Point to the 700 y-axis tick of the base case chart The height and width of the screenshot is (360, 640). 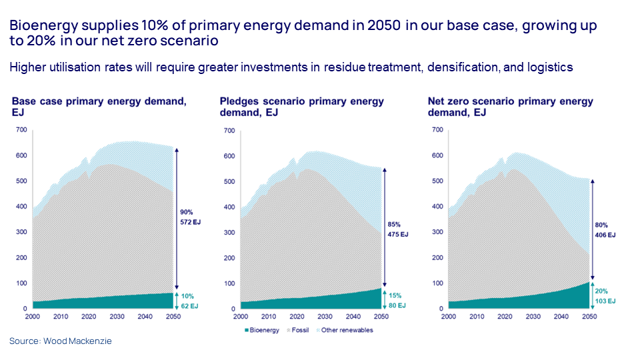[x=20, y=130]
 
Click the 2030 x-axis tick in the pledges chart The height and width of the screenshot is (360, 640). [x=325, y=316]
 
